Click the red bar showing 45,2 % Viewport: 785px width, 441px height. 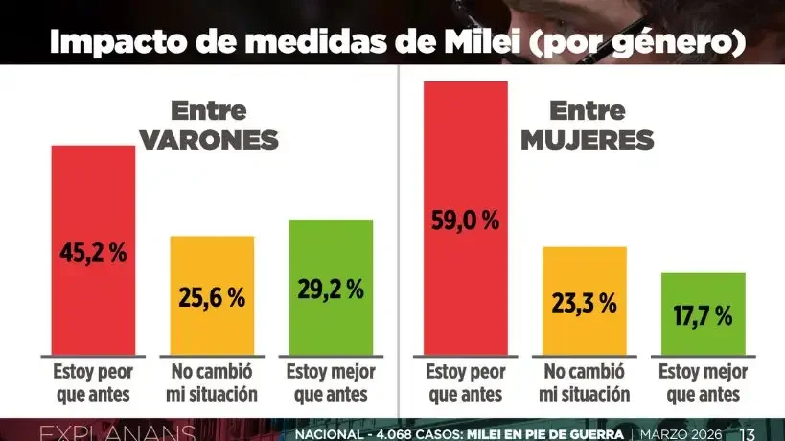click(93, 249)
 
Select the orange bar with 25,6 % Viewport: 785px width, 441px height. click(212, 295)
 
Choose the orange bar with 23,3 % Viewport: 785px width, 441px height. click(584, 301)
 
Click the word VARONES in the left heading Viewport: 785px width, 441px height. click(209, 140)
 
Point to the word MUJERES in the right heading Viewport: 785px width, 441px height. click(587, 140)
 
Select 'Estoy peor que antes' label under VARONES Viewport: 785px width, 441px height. click(93, 382)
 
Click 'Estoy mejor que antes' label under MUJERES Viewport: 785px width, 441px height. click(703, 382)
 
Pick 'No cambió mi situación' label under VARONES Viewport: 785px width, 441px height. click(212, 382)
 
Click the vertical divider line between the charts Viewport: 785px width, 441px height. click(398, 240)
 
